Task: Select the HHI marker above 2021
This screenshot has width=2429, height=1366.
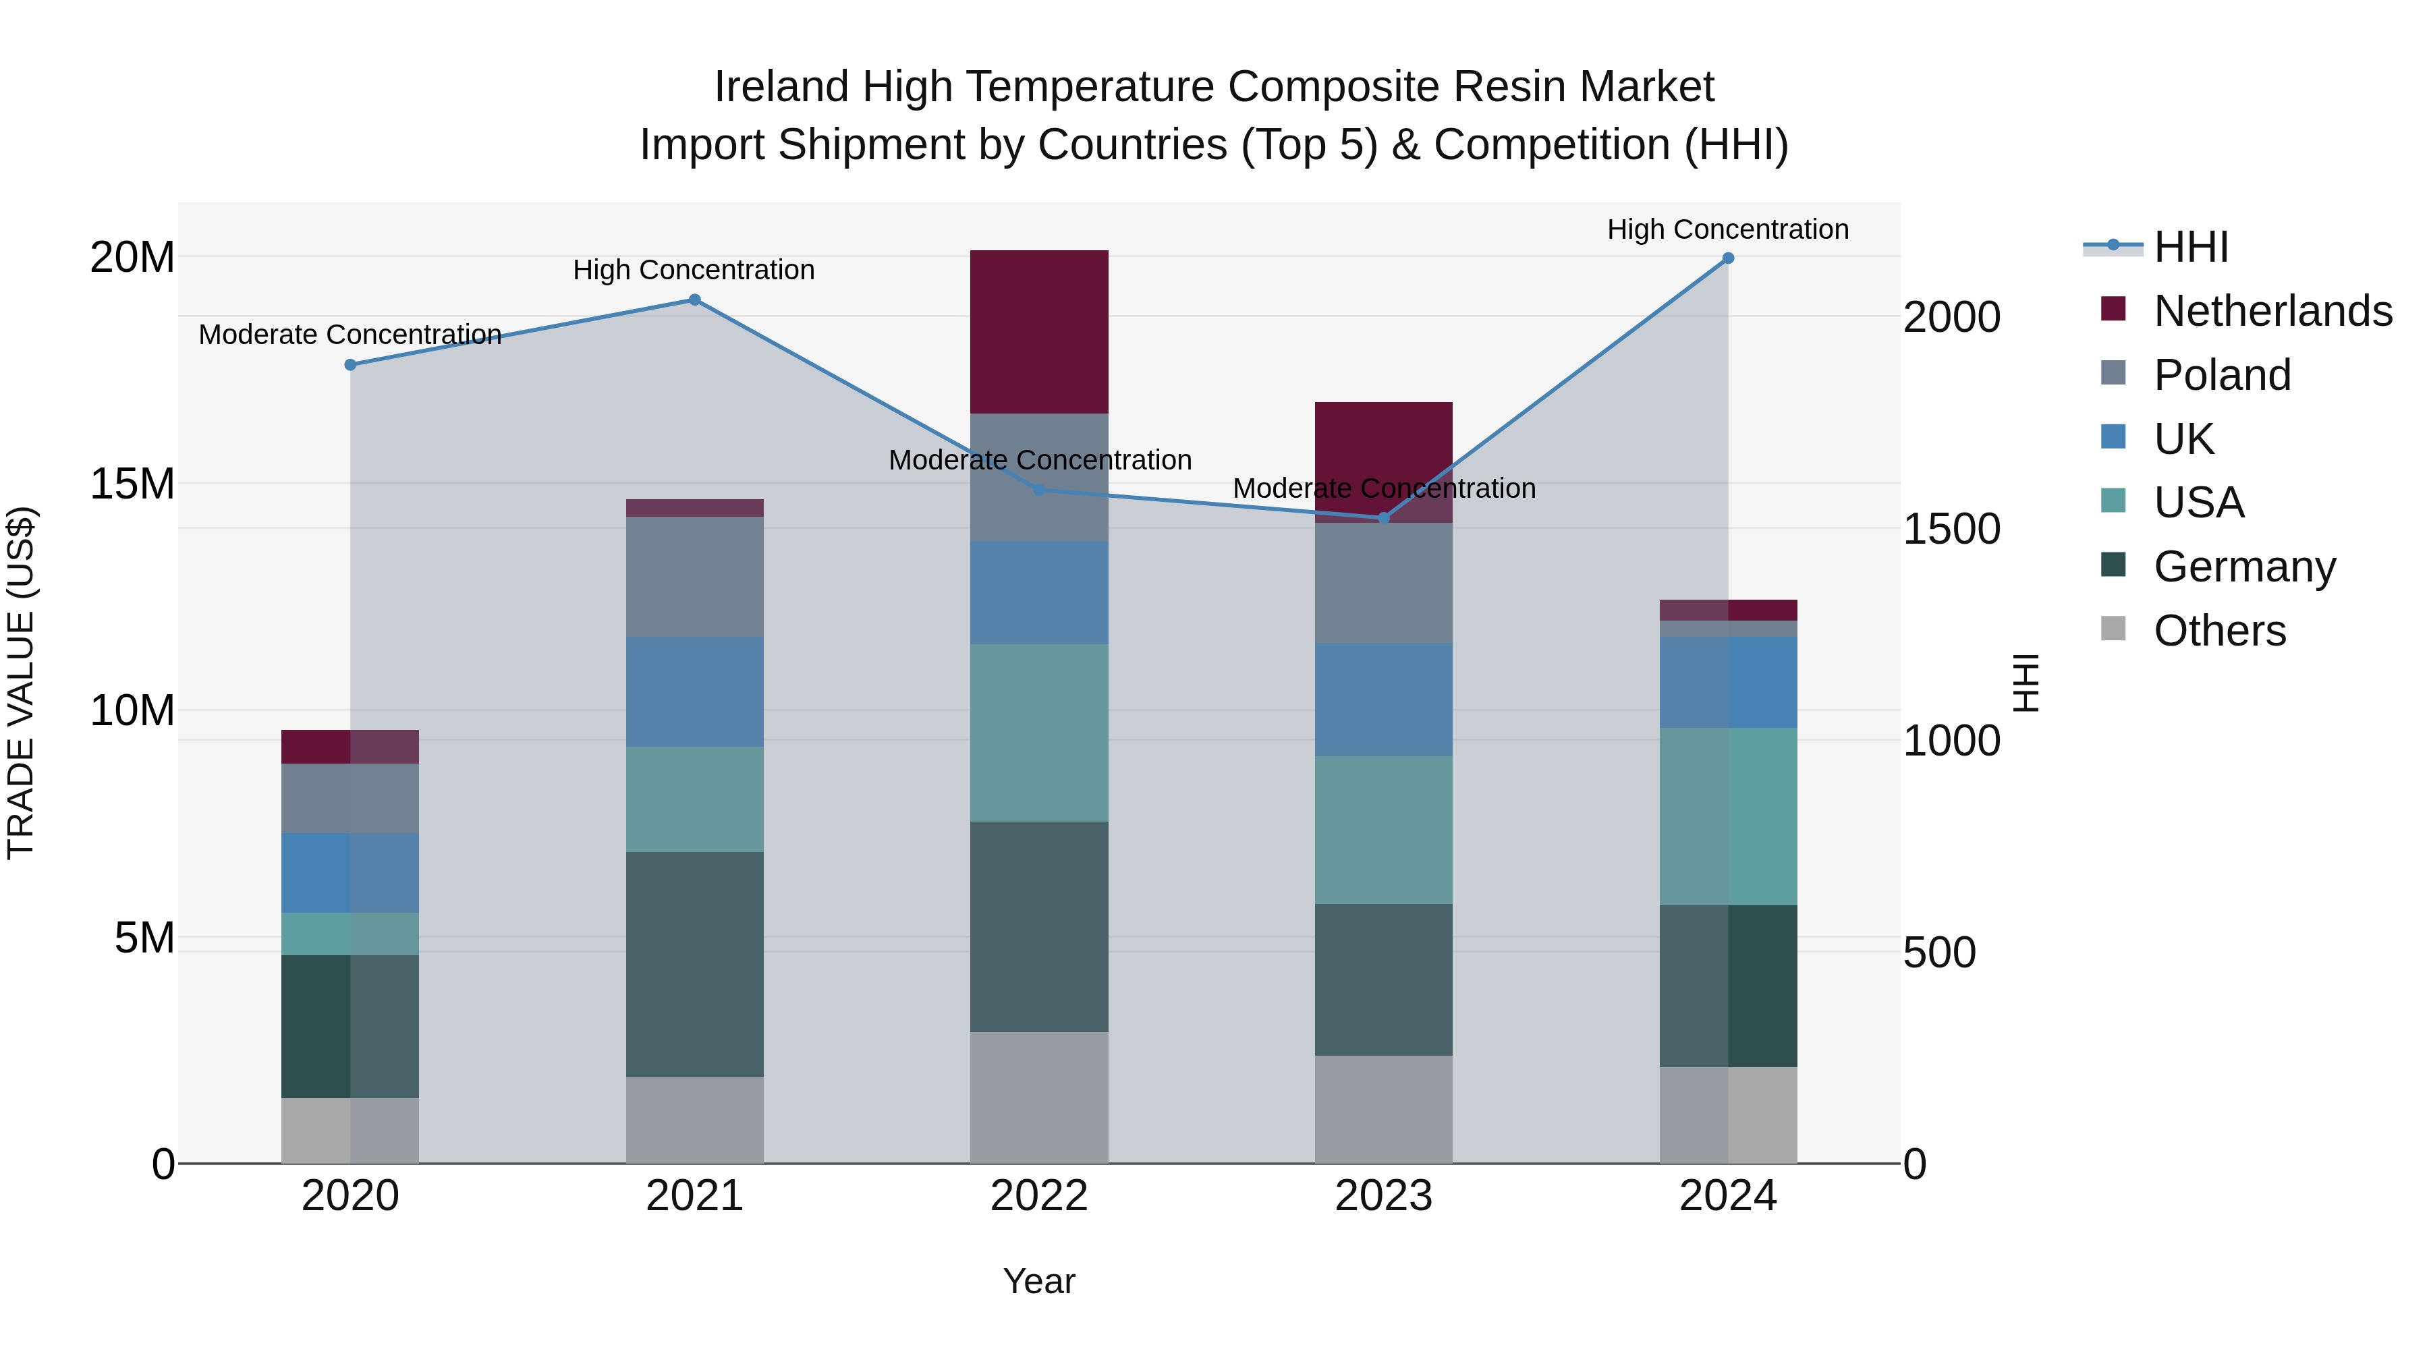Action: pyautogui.click(x=694, y=300)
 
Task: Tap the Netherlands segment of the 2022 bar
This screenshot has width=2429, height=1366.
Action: pyautogui.click(x=1039, y=332)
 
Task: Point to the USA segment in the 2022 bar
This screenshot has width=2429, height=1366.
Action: pyautogui.click(x=1039, y=733)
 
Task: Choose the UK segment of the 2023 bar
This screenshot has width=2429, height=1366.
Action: pyautogui.click(x=1383, y=700)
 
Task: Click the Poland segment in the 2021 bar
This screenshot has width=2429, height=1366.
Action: pyautogui.click(x=694, y=576)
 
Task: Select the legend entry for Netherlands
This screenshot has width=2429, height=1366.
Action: pyautogui.click(x=2272, y=311)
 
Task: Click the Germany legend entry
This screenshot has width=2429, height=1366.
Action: pyautogui.click(x=2244, y=567)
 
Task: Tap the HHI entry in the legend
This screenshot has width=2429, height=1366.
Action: pyautogui.click(x=2190, y=247)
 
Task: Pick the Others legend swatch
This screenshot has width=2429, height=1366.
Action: pyautogui.click(x=2113, y=629)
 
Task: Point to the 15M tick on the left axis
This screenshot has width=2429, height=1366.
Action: pyautogui.click(x=132, y=484)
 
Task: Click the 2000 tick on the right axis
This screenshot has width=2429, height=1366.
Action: pyautogui.click(x=1951, y=317)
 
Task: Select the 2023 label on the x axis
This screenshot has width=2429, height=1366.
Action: pyautogui.click(x=1383, y=1196)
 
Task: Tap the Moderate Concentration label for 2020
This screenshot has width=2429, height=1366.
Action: pyautogui.click(x=350, y=335)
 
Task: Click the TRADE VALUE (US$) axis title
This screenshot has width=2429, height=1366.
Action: pyautogui.click(x=21, y=683)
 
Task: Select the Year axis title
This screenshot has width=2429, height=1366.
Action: pyautogui.click(x=1039, y=1281)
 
